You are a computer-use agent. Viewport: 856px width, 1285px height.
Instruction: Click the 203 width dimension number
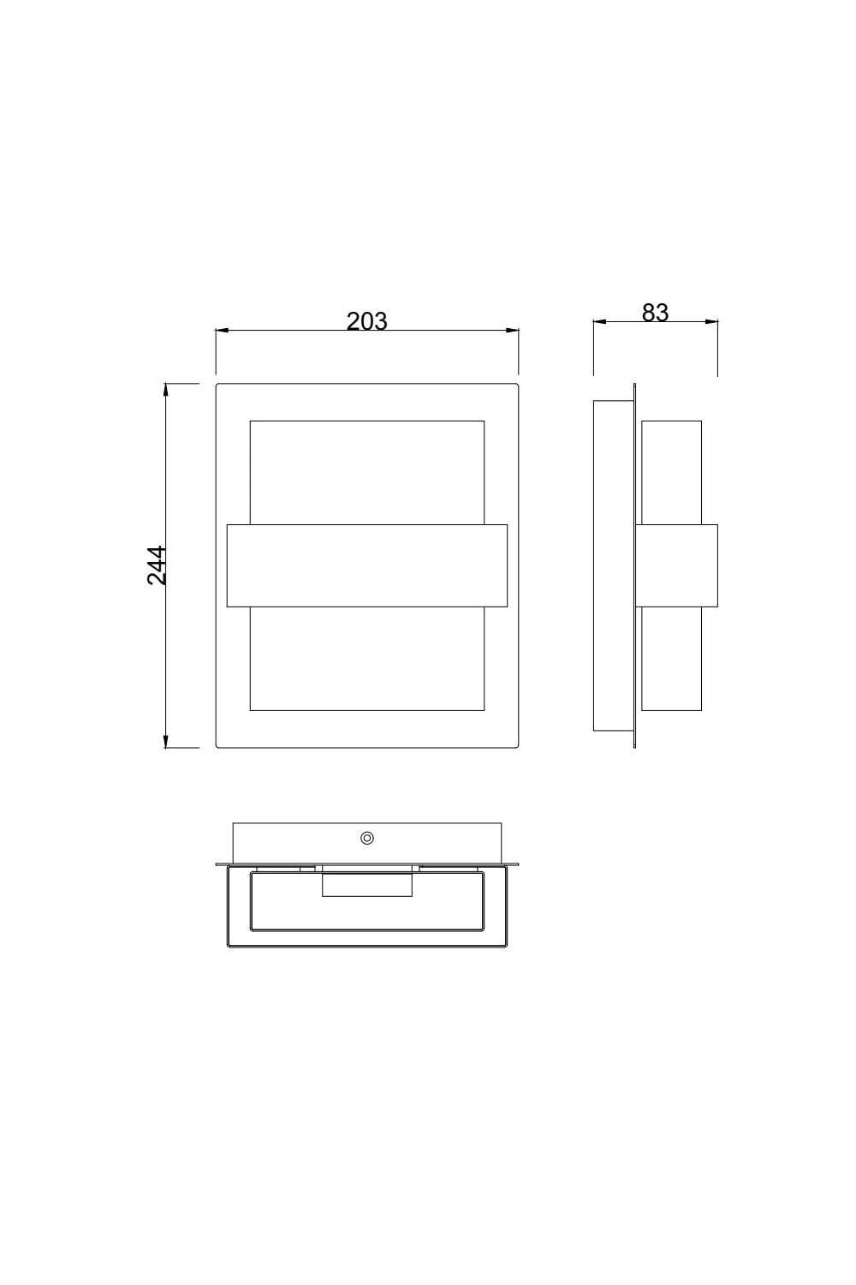pos(366,321)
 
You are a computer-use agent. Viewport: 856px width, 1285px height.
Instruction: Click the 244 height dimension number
pos(157,565)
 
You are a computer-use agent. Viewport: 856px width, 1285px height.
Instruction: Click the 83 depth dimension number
pos(655,314)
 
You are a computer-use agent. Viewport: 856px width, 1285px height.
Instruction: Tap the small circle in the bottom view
pos(367,838)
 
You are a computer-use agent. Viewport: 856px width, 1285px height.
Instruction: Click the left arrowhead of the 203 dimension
pos(222,330)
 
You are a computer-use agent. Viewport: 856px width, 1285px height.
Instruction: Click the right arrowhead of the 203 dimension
pos(514,330)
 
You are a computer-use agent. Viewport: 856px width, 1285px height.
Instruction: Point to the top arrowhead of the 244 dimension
pos(166,390)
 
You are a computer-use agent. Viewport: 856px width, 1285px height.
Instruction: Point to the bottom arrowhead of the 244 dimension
pos(166,741)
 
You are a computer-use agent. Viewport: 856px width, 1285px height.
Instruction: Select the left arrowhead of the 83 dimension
pos(600,322)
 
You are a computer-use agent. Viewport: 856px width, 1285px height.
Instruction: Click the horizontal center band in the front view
pos(366,565)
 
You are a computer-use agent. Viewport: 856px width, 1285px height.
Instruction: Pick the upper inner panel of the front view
pos(366,471)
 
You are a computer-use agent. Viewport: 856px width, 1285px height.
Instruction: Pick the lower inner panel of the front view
pos(366,660)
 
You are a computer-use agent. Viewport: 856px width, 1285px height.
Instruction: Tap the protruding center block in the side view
pos(676,565)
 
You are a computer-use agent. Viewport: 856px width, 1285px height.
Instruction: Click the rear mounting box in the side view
pos(613,565)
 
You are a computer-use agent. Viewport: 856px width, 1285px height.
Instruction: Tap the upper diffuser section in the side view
pos(671,471)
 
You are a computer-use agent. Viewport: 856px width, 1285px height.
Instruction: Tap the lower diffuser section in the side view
pos(671,660)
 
